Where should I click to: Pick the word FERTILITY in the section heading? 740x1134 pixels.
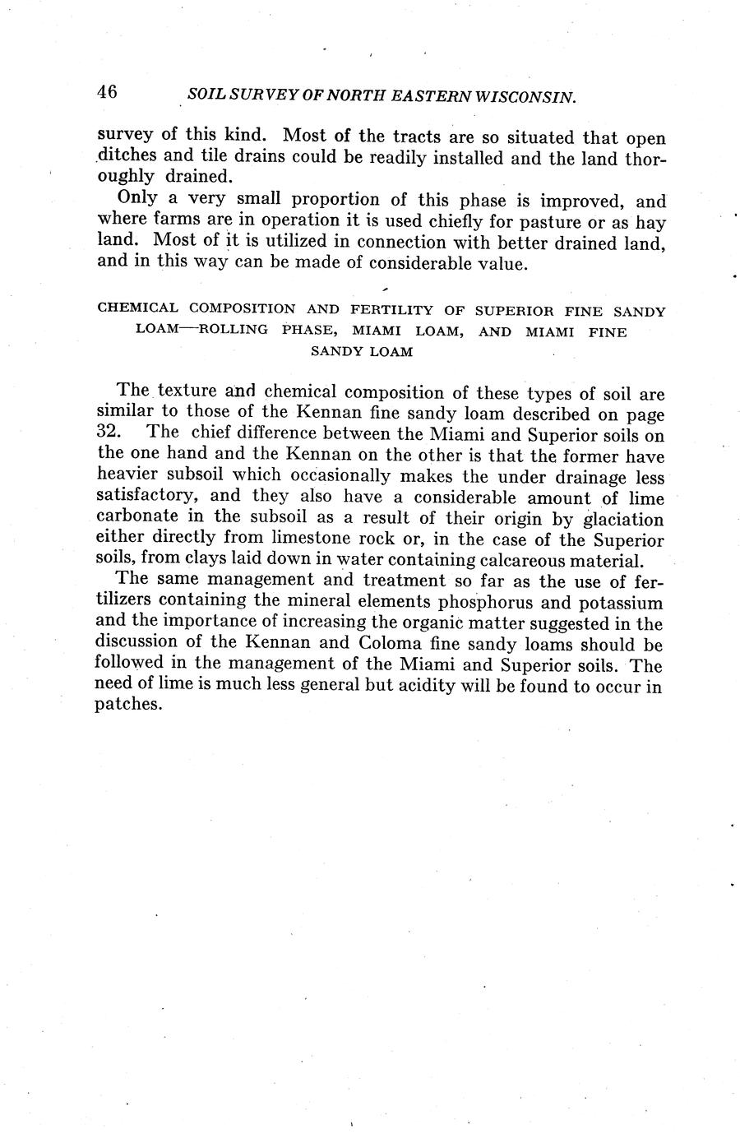(392, 311)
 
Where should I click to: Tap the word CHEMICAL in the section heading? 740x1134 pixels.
(137, 309)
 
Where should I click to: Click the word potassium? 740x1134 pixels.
(622, 602)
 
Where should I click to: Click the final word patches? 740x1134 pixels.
(126, 705)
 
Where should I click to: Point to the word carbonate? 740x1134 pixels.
(135, 519)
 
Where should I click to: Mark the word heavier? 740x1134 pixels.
(127, 476)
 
